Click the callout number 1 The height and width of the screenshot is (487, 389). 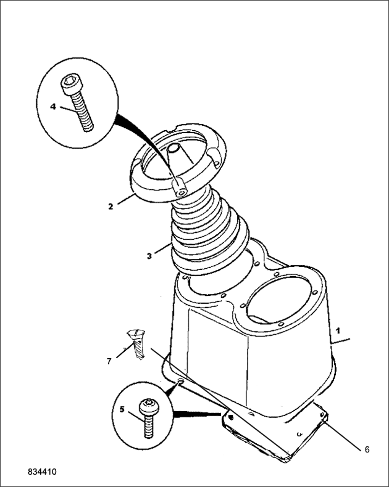click(x=338, y=330)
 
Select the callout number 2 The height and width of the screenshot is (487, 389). click(x=111, y=207)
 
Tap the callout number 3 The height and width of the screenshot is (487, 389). click(x=149, y=256)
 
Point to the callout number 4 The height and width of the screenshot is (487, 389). click(x=53, y=107)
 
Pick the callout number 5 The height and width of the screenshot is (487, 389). click(x=122, y=409)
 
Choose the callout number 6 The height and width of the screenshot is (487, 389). click(x=367, y=449)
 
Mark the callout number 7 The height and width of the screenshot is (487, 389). click(x=109, y=361)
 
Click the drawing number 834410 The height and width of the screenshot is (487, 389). click(x=43, y=472)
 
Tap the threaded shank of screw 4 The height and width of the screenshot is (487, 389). click(x=82, y=112)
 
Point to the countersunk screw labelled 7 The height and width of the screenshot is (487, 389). click(x=137, y=344)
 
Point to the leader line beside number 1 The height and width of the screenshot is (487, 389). click(x=341, y=340)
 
